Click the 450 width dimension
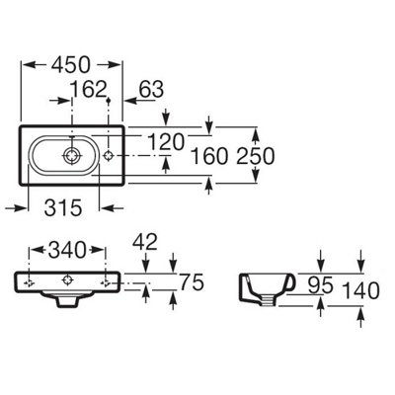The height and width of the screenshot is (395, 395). pos(70,65)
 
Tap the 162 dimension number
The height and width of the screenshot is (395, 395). pos(90,89)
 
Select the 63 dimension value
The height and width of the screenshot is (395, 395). pos(151,89)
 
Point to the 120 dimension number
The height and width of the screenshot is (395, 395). pos(166,142)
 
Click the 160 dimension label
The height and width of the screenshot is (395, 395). pos(209,156)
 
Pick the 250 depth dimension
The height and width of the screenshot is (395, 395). pos(256,156)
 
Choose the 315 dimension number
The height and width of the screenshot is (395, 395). pos(63,208)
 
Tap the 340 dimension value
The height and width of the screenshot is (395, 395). pos(67,250)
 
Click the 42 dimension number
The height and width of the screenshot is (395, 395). pos(145,242)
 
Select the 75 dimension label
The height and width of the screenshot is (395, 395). pos(192,282)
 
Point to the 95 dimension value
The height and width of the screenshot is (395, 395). pos(321,285)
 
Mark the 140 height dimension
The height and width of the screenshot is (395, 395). pos(361,291)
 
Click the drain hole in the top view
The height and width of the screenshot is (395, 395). pos(71,155)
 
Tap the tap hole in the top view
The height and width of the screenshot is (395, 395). pos(109,155)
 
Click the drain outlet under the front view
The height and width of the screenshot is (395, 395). pos(67,300)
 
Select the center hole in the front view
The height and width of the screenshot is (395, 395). pos(67,280)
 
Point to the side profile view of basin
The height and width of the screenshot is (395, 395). pos(267,289)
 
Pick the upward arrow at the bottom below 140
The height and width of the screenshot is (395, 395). pos(361,317)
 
